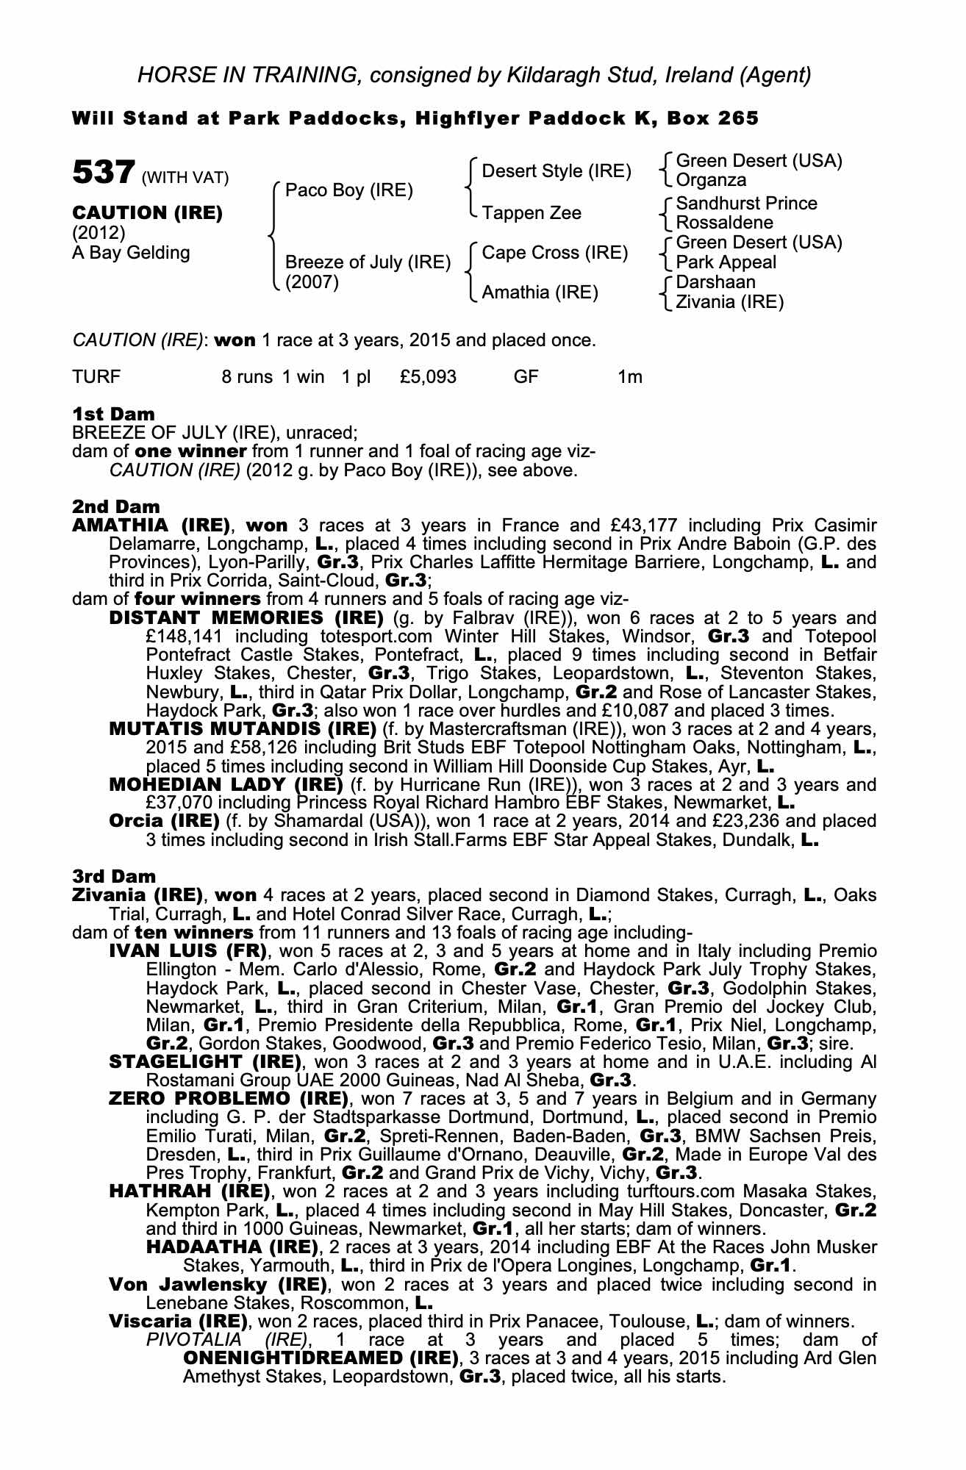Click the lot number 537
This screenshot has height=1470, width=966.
point(103,174)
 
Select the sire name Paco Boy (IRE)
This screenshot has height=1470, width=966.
point(348,190)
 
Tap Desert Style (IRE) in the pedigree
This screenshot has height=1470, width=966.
point(557,171)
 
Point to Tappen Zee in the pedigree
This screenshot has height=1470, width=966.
point(532,212)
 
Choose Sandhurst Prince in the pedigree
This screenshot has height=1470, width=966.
point(746,203)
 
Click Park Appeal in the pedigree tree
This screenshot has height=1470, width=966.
point(726,262)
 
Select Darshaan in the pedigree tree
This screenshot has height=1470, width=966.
point(715,282)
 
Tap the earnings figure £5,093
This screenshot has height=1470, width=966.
point(429,377)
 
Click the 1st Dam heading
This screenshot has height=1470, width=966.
point(113,414)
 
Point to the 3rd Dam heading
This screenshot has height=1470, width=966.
point(114,876)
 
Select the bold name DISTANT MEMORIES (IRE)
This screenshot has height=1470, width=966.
point(246,617)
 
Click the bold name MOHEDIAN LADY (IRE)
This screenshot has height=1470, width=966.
point(226,784)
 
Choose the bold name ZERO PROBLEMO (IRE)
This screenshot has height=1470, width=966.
point(228,1099)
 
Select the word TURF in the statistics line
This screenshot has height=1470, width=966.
point(96,377)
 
